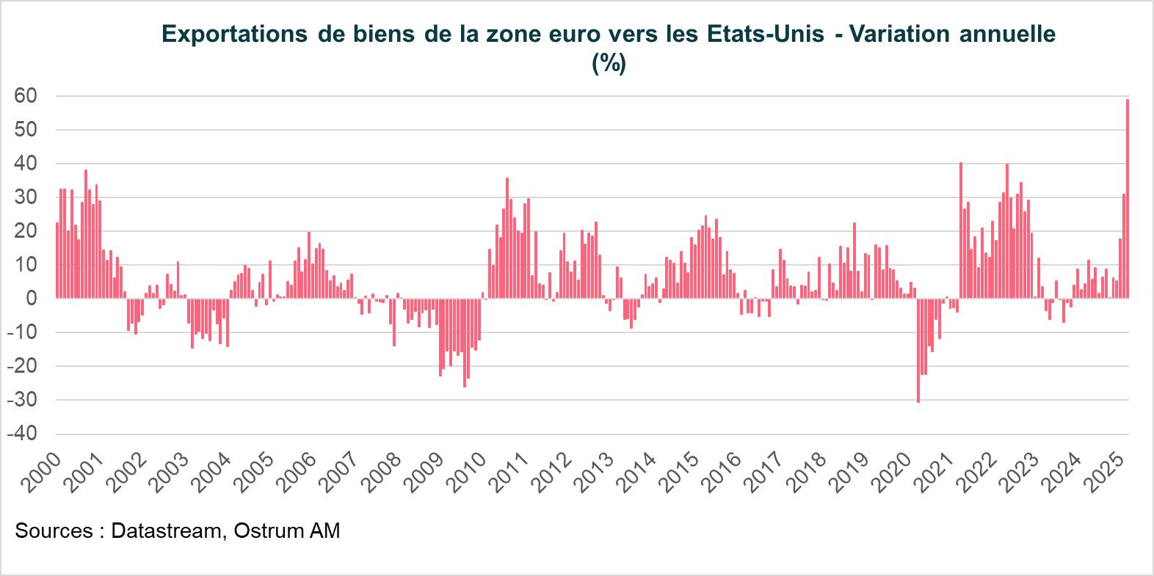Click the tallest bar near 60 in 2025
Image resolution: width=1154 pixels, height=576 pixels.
point(1127,198)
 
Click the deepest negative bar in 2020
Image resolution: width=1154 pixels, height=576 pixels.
point(918,350)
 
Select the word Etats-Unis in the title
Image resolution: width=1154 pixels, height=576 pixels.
point(765,35)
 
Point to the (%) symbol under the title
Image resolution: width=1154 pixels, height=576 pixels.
point(609,64)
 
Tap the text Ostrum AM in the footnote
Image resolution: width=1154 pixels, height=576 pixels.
point(287,531)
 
